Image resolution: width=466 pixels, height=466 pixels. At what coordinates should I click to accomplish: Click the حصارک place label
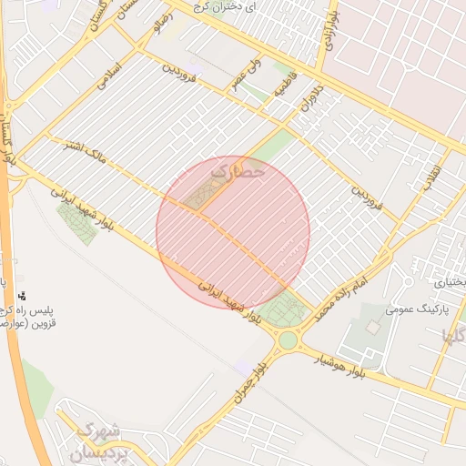pos(238,169)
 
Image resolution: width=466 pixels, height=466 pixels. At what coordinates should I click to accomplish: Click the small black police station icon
pos(21,296)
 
